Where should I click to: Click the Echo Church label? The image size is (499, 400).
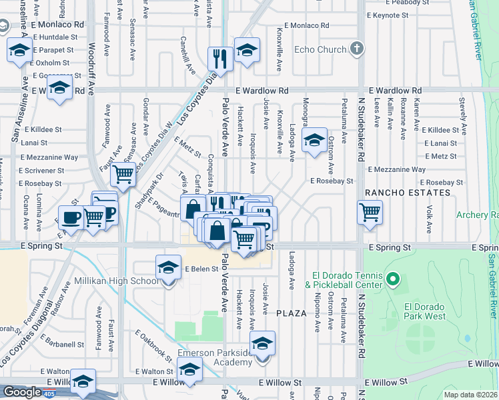coord(320,49)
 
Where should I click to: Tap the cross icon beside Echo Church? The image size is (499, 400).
coord(358,49)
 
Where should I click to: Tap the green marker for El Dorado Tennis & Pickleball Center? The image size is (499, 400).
coord(393,279)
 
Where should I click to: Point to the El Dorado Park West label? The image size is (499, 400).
coord(424,311)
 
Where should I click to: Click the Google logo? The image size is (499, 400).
coord(22,392)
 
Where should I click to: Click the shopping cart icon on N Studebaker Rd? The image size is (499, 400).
coord(370,213)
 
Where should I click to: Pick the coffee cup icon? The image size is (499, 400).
coord(71,217)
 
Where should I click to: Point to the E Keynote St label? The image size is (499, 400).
coord(394,15)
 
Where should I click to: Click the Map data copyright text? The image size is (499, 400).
coord(470,395)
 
